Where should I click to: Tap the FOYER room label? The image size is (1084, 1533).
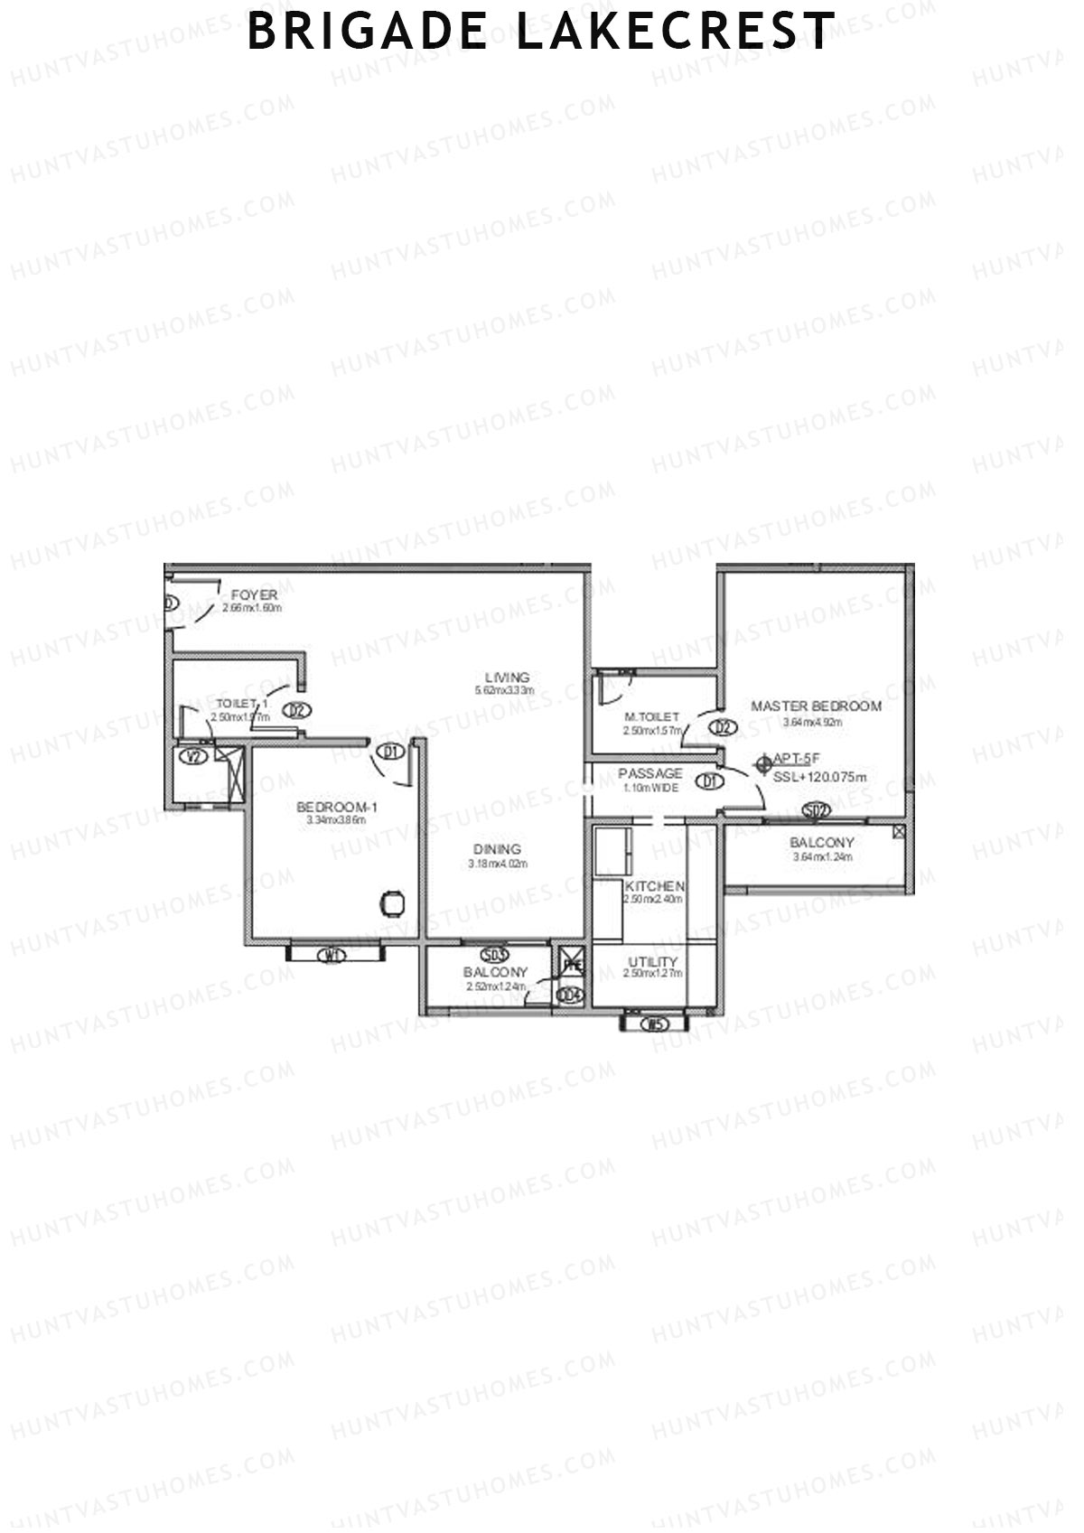point(254,595)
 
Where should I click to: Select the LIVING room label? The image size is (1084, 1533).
point(507,678)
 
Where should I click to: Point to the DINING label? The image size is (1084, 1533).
point(497,849)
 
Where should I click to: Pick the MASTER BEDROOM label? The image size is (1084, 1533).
point(816,706)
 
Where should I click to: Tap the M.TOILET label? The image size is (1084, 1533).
point(651,717)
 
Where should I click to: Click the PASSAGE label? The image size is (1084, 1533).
point(650,774)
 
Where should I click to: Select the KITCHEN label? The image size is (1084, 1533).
point(654,887)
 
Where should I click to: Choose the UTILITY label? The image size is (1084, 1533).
point(652,962)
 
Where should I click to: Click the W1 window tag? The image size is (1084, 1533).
point(334,955)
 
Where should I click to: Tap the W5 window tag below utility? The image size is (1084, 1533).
point(653,1024)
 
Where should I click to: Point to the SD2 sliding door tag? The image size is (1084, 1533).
point(816,810)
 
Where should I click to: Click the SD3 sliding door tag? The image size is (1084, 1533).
point(495,954)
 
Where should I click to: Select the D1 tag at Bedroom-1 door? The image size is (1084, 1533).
point(390,751)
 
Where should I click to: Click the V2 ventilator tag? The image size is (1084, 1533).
point(194,757)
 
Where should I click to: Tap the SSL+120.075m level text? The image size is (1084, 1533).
point(820,777)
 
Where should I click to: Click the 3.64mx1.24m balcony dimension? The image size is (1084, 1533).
point(822,857)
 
